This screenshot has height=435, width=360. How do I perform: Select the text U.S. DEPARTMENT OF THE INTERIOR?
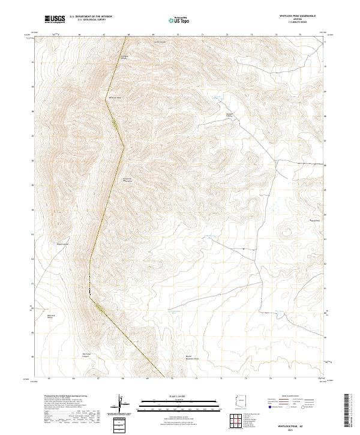tap(91, 16)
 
